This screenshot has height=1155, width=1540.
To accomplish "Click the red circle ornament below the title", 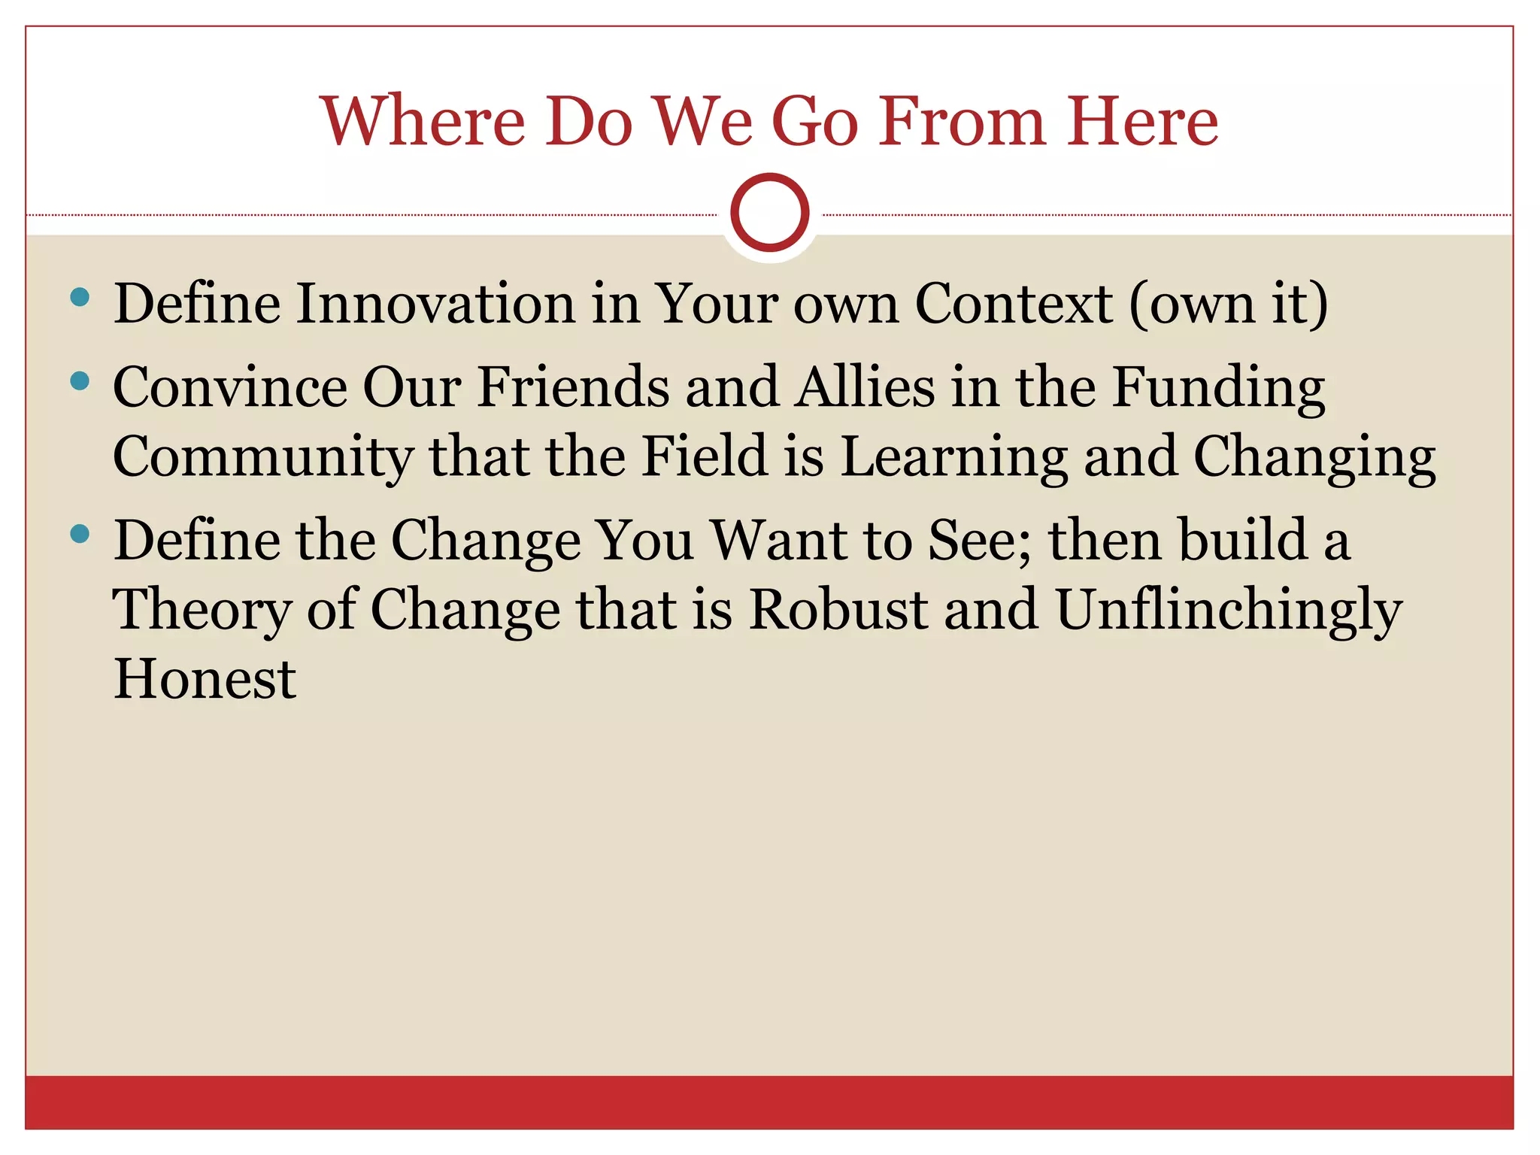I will coord(769,213).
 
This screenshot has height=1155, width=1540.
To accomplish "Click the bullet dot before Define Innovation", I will coord(79,297).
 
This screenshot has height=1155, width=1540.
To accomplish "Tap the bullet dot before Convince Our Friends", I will coord(79,381).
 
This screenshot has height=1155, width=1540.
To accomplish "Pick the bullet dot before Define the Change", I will coord(79,535).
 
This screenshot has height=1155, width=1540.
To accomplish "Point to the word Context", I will coord(1013,303).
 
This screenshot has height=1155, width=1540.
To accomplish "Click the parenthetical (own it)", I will coord(1229,305).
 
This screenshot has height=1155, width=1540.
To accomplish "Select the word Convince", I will coord(229,387).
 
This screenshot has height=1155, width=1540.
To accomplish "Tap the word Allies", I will coord(865,387).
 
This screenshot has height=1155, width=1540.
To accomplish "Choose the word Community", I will coord(262,457).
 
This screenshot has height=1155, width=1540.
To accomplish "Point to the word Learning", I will coord(953,457).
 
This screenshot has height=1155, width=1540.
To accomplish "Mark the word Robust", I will coord(838,609).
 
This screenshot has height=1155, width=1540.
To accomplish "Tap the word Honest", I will coord(205,678).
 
